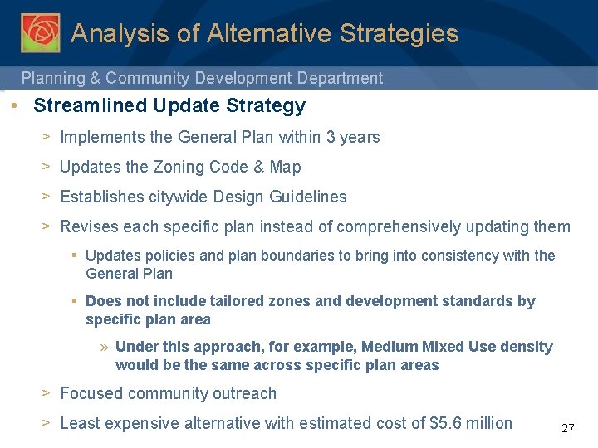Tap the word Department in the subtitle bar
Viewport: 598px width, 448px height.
341,78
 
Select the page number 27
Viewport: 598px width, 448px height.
568,429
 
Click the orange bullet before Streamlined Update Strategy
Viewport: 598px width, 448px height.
16,106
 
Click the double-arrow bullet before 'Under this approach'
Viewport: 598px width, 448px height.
105,347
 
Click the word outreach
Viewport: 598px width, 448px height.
245,393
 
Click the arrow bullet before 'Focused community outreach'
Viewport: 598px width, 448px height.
47,393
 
